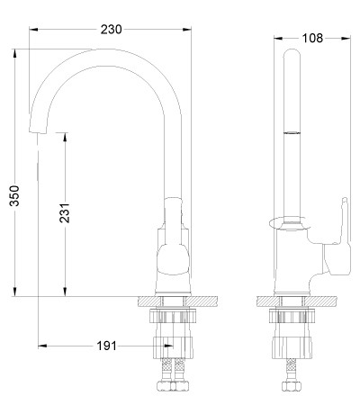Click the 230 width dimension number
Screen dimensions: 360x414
(x=111, y=30)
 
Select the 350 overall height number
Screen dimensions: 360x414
(x=14, y=195)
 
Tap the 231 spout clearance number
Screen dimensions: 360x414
(x=65, y=213)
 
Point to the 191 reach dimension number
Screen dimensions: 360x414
(x=106, y=346)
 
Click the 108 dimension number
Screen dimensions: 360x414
(x=312, y=38)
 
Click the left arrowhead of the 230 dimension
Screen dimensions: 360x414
(x=33, y=30)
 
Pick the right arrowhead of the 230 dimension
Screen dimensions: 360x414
(x=187, y=30)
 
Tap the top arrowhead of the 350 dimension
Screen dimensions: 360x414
(x=14, y=53)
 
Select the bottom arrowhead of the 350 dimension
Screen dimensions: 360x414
(x=14, y=292)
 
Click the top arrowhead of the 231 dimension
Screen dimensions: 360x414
(x=65, y=137)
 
